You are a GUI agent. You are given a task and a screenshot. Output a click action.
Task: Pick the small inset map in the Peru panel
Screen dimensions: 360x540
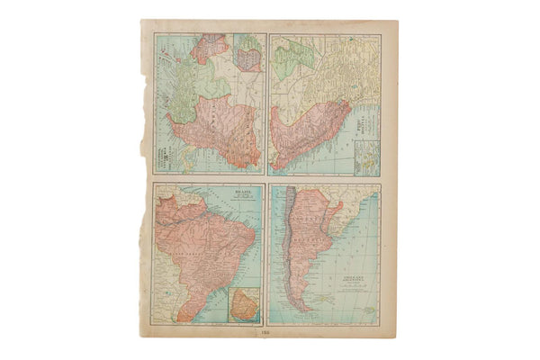[367, 158]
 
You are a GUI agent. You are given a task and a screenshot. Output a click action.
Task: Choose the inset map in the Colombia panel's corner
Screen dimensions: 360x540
[247, 54]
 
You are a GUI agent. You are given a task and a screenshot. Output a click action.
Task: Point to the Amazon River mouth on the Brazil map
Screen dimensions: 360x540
[221, 212]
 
